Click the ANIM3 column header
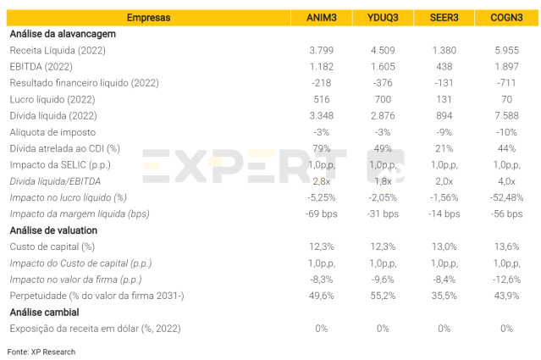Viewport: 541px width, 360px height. [x=321, y=18]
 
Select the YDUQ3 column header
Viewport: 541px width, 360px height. [x=383, y=18]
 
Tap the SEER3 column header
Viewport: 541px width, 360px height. [x=444, y=18]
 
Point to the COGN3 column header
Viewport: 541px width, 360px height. [x=506, y=18]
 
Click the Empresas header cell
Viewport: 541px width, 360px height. [x=148, y=18]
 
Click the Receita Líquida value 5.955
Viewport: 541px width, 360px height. [x=506, y=51]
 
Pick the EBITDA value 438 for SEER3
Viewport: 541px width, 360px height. [x=444, y=67]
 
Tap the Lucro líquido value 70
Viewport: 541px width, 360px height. [x=506, y=100]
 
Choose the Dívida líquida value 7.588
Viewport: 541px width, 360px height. [x=506, y=116]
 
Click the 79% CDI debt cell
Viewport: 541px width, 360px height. [x=321, y=148]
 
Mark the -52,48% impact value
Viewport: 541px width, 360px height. [x=506, y=197]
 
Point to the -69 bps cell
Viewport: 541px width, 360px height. [x=321, y=213]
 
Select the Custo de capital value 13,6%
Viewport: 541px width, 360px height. [x=506, y=246]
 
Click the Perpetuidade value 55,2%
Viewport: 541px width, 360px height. [x=383, y=296]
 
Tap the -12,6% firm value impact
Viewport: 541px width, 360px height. [x=506, y=279]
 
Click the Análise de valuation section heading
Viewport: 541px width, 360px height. [x=53, y=230]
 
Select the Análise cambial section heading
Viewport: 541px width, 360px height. [x=46, y=312]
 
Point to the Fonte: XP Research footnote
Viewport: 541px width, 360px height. [x=41, y=352]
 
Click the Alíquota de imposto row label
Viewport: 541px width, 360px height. [x=52, y=132]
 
